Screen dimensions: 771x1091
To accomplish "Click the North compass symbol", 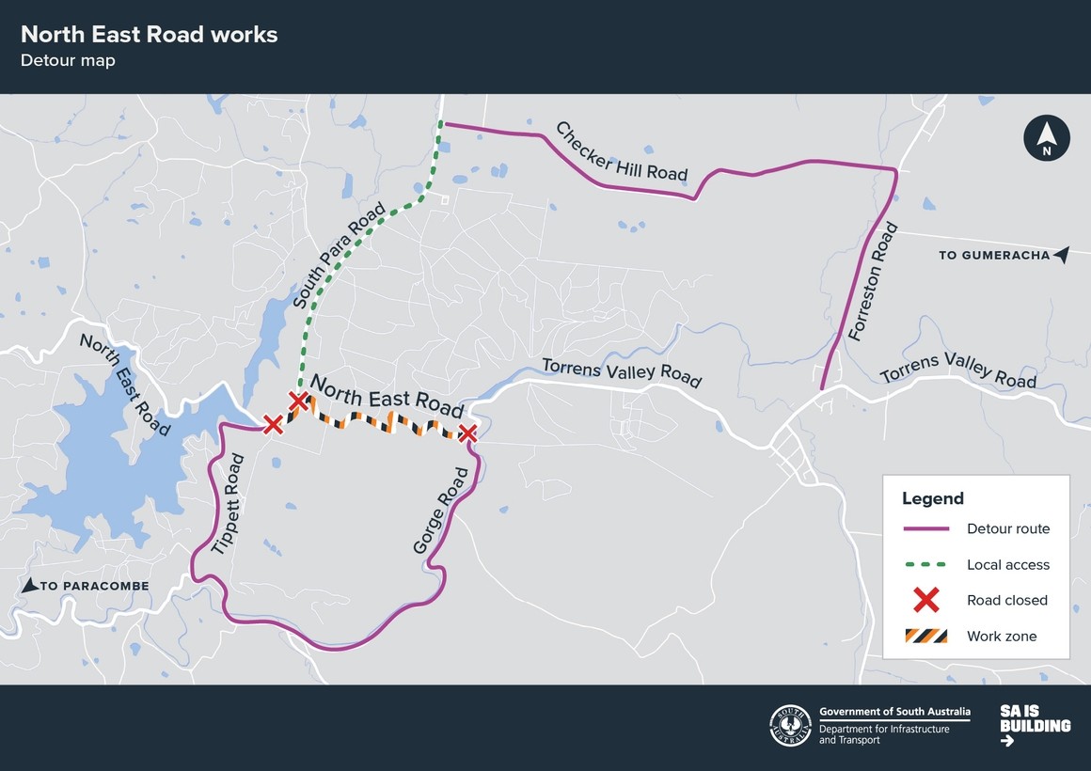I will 1047,138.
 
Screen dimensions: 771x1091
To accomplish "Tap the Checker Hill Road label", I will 621,152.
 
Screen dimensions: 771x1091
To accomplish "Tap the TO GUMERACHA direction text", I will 993,255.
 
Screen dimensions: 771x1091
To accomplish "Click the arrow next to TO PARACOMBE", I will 30,585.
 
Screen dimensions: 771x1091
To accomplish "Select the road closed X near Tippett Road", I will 273,425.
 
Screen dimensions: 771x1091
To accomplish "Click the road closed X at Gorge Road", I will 467,433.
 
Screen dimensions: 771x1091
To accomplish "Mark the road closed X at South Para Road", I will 298,403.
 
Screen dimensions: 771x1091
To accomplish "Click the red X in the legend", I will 926,600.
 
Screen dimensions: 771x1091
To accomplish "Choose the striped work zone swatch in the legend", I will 926,637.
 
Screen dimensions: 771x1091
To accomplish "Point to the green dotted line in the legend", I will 926,565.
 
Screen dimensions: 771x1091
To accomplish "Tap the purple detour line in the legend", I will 926,529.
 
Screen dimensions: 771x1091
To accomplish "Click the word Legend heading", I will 933,498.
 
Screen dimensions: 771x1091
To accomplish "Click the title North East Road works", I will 149,35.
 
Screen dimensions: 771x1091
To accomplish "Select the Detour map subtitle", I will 68,61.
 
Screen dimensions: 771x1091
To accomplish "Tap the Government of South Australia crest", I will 790,726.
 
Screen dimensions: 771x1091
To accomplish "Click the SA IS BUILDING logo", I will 1035,726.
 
